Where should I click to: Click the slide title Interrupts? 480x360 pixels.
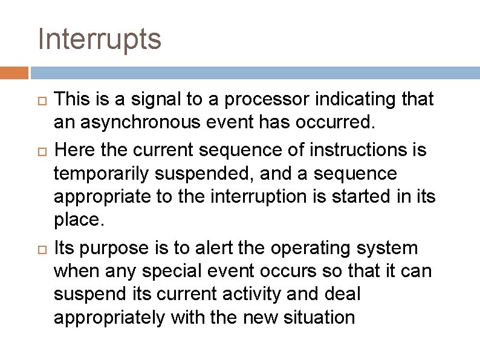coord(99,40)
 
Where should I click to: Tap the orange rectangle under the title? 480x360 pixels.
coord(14,73)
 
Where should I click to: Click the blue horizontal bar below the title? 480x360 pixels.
coord(255,73)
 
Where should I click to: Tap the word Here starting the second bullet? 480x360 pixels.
coord(73,149)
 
